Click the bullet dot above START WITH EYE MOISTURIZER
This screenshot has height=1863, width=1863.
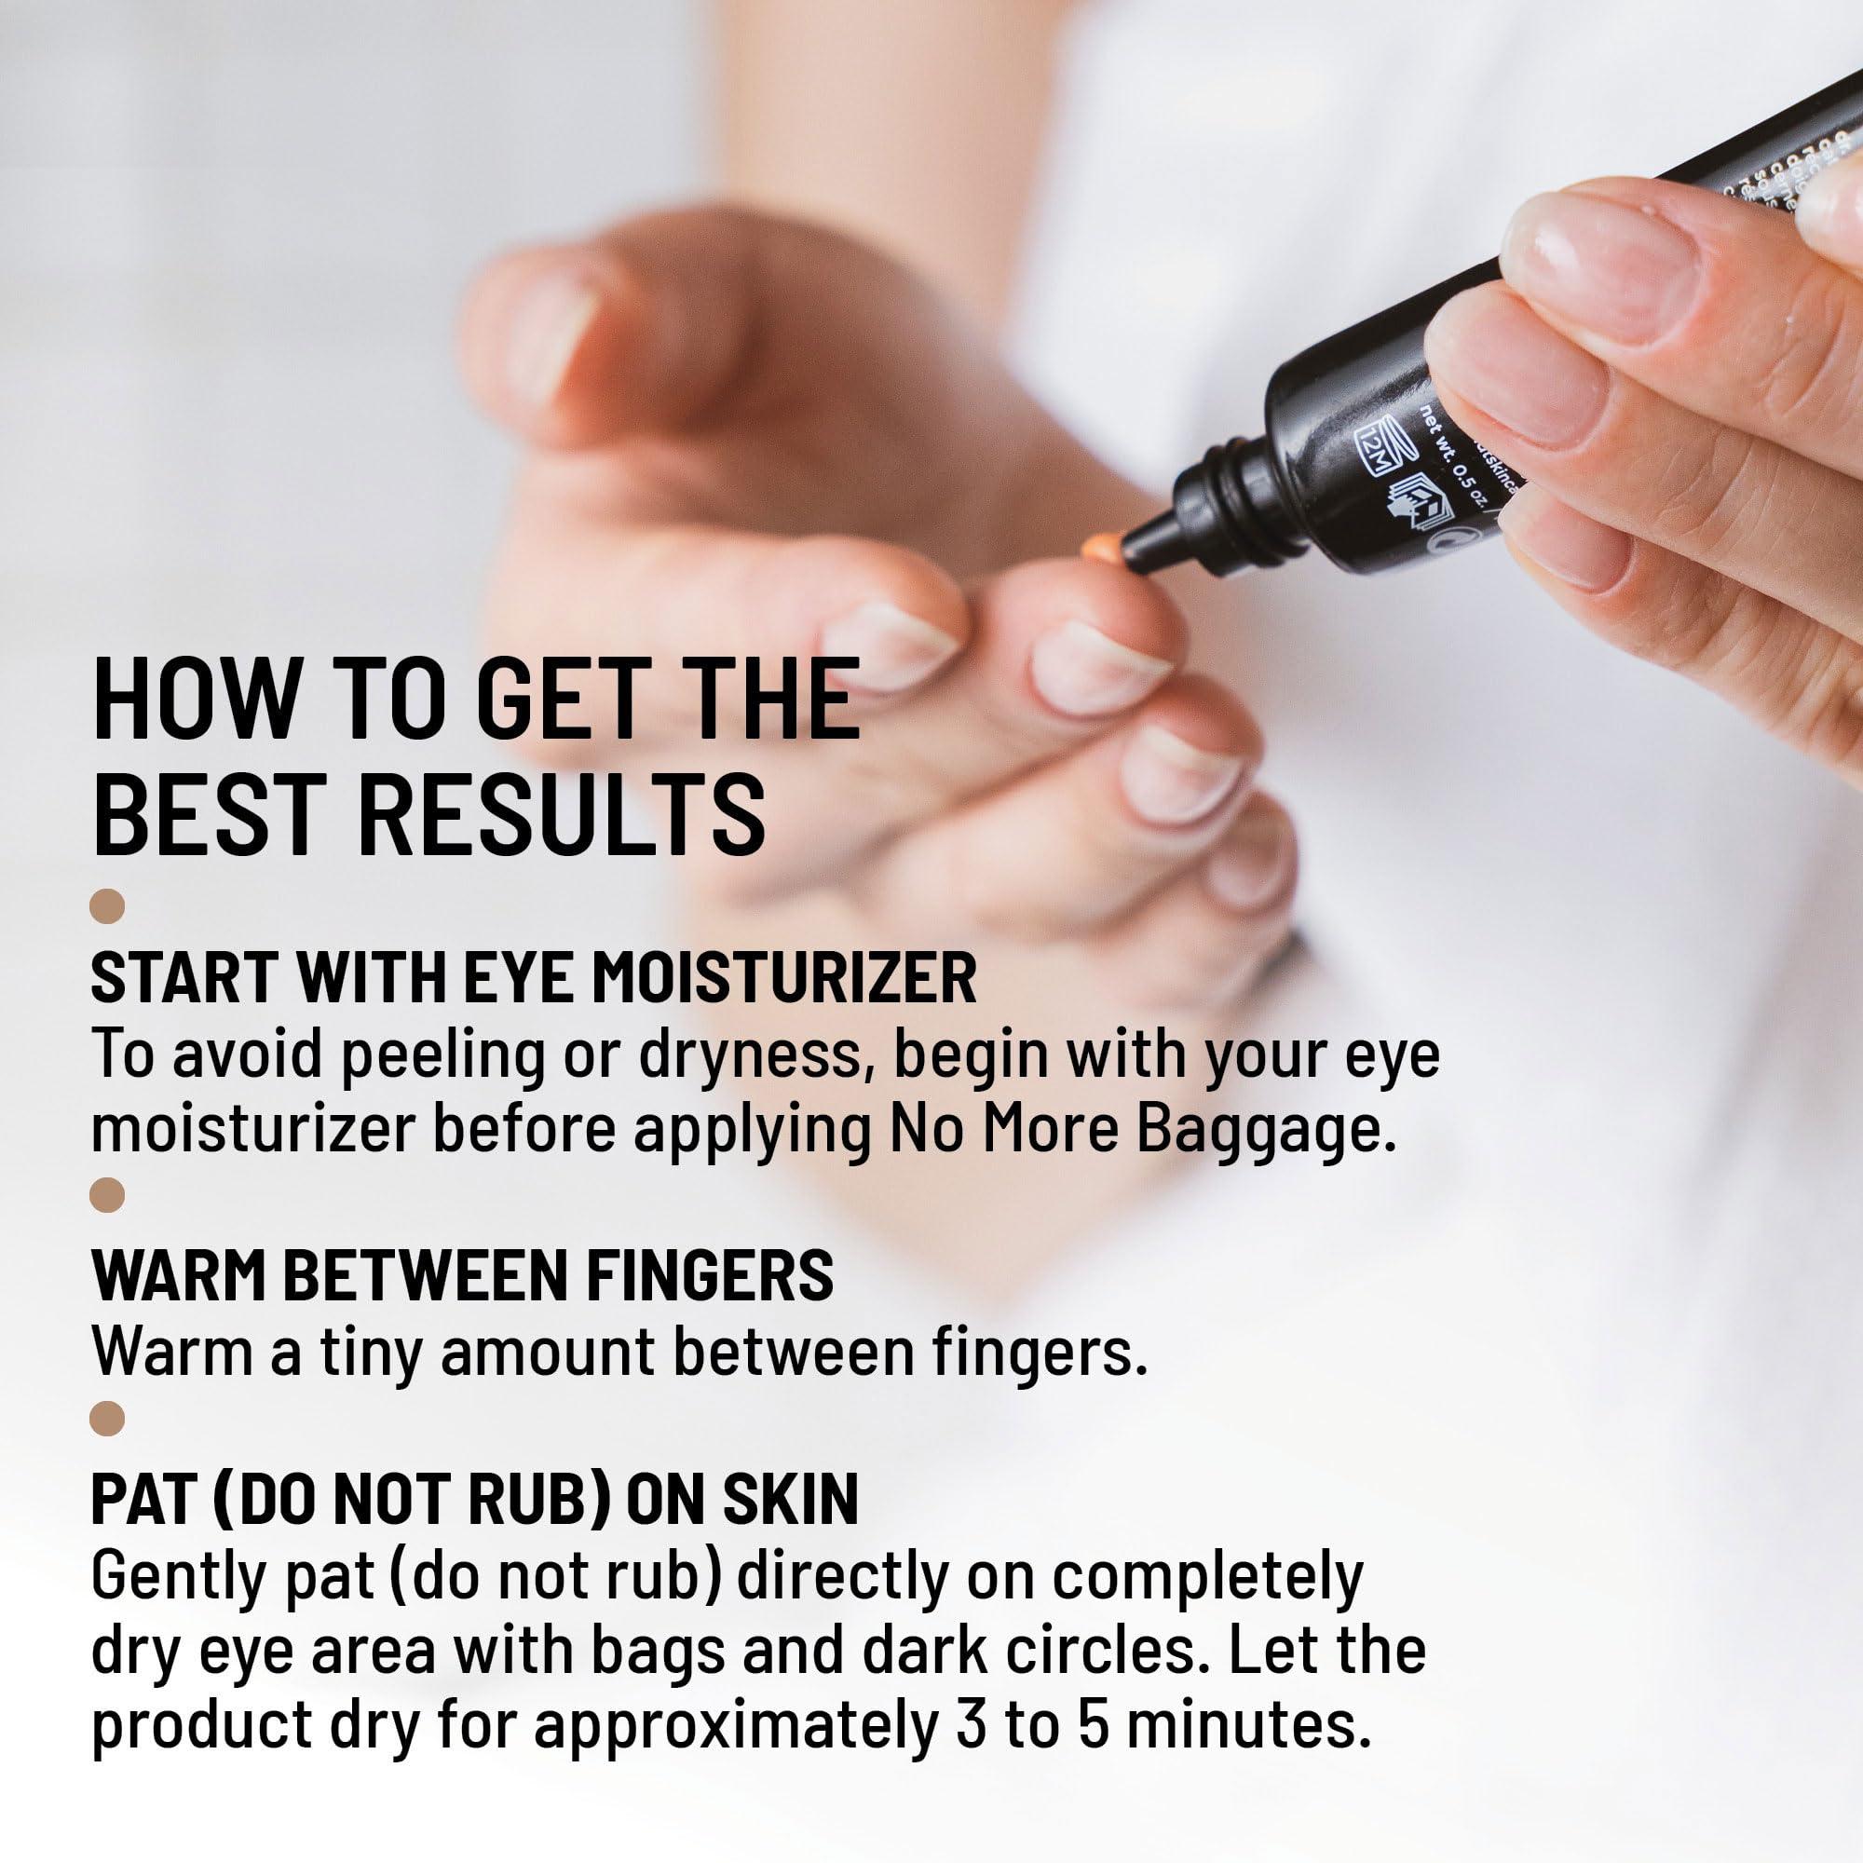point(107,907)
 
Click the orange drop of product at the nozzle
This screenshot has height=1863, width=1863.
point(1099,550)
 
